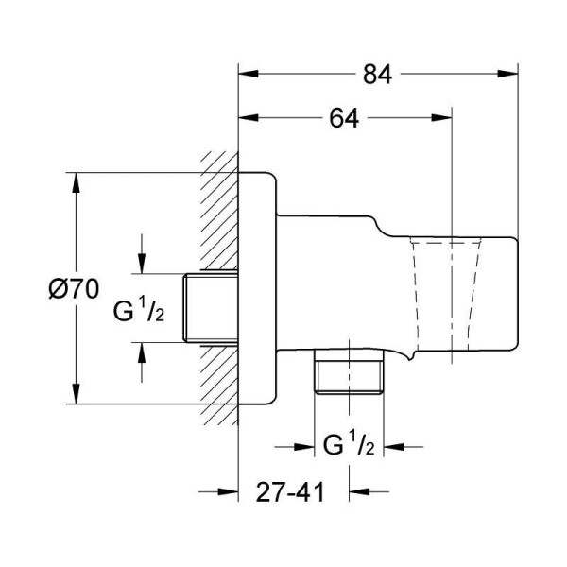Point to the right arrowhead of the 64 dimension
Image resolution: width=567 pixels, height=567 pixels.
click(446, 119)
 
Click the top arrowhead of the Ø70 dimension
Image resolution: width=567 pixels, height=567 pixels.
click(74, 180)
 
